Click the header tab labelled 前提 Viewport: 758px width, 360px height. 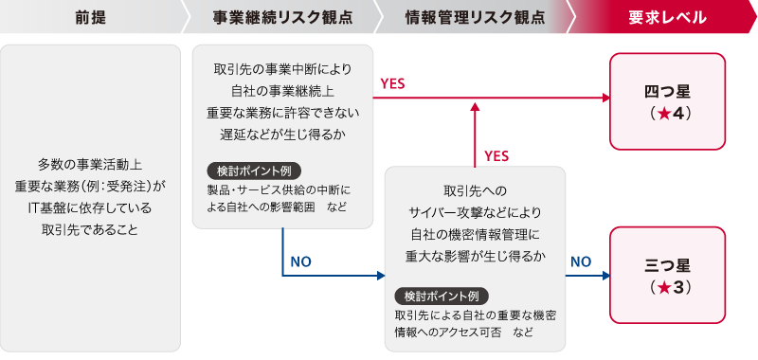90,18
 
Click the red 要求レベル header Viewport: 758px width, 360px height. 666,18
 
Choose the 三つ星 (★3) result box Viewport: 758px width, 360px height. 667,276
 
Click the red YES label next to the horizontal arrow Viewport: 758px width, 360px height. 392,83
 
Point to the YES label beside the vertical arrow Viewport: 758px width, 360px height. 497,154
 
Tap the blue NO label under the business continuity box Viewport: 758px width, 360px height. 300,260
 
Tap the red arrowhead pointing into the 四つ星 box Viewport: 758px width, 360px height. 604,99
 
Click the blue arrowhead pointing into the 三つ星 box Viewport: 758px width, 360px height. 604,277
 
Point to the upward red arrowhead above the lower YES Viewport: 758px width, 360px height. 473,109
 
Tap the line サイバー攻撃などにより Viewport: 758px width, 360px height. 475,210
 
